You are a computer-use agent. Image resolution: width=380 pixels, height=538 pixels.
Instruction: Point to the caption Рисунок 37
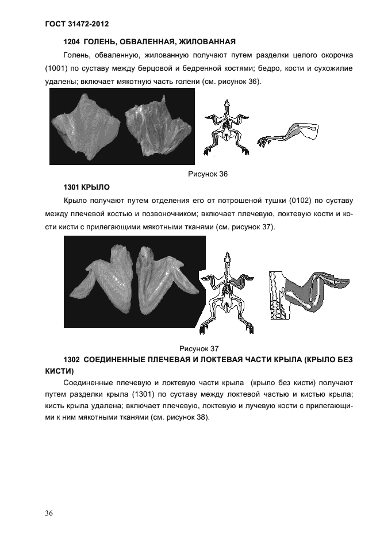click(199, 348)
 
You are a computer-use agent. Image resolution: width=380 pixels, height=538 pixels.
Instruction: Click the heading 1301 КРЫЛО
click(86, 187)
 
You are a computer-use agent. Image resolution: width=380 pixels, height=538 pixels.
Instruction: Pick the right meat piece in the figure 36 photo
click(156, 129)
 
